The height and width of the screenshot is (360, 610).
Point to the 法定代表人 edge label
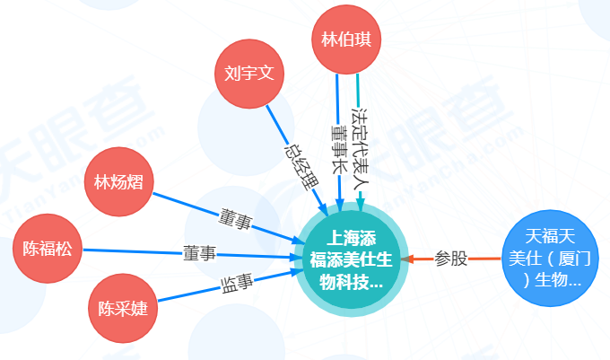click(361, 144)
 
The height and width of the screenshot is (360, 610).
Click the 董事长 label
click(339, 148)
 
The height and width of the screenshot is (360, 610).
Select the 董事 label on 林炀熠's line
click(236, 218)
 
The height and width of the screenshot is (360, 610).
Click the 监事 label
click(237, 285)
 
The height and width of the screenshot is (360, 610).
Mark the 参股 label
click(451, 259)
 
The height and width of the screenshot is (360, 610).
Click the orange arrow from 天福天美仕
click(484, 259)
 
